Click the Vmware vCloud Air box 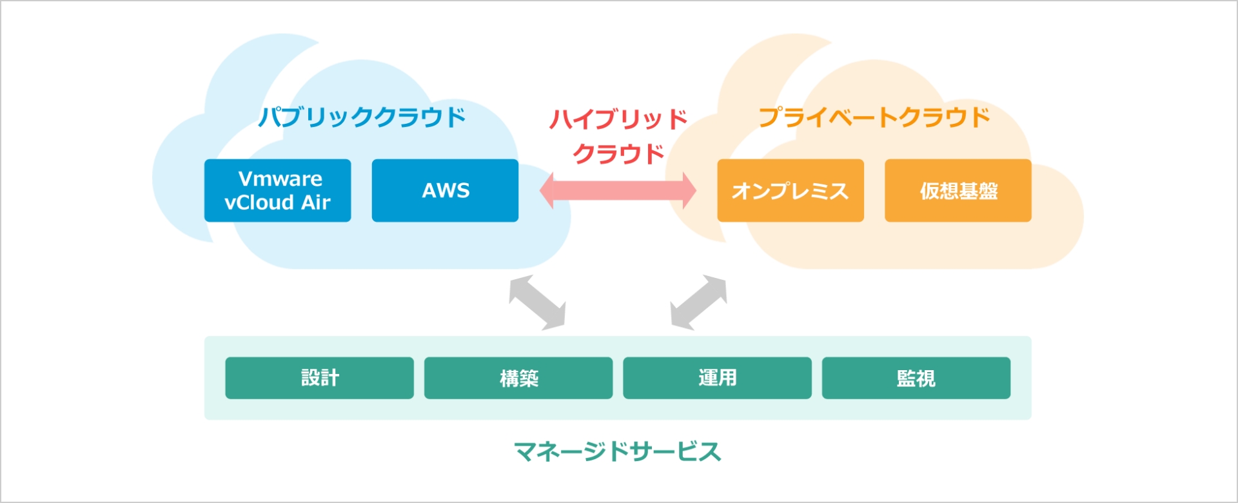277,190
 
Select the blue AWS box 445,190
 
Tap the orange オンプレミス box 791,190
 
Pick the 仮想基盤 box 958,190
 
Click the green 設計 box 319,378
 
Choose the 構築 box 518,378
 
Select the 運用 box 717,378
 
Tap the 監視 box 916,378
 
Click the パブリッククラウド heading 362,117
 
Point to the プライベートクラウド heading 874,117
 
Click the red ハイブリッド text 618,119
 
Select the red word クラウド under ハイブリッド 618,153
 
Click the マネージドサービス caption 618,451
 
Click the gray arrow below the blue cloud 537,302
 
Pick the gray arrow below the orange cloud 699,302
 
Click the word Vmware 280,179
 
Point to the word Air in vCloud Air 316,202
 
